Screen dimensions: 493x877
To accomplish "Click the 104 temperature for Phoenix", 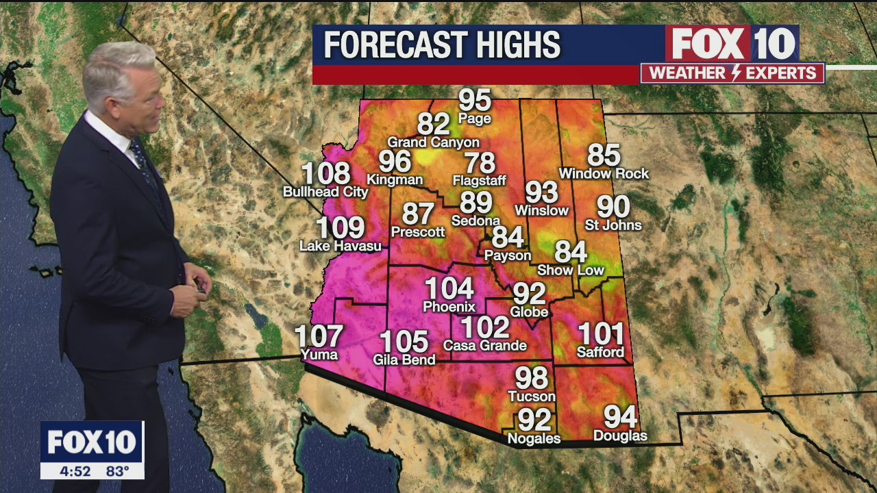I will tap(449, 288).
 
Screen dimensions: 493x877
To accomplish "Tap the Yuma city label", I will tap(319, 354).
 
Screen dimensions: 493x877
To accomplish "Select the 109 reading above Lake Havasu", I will tap(340, 228).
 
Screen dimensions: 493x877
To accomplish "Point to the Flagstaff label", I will tap(479, 181).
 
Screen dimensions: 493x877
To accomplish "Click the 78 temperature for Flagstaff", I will tap(480, 163).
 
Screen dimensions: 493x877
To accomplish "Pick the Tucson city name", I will tap(532, 396).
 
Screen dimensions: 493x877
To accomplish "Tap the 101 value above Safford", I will tap(601, 334).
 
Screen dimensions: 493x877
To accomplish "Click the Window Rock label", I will tap(604, 174).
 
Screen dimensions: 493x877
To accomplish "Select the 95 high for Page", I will tap(475, 100).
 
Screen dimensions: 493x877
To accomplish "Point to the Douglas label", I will tap(620, 435).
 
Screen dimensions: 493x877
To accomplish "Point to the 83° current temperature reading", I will tap(117, 471).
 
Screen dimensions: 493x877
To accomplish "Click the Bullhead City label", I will tap(325, 192).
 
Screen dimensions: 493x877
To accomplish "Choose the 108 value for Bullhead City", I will tap(325, 174).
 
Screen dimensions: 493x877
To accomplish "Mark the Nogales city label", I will tap(534, 438).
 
